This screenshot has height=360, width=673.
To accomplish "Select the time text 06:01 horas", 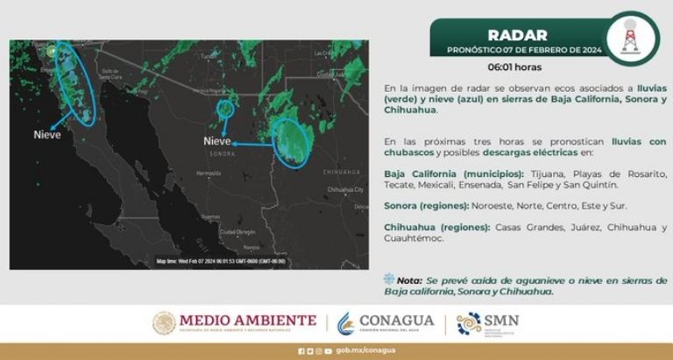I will pyautogui.click(x=514, y=67).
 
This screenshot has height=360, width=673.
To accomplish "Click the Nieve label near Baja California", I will pyautogui.click(x=48, y=135).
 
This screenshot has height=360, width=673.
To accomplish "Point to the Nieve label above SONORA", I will pyautogui.click(x=217, y=141).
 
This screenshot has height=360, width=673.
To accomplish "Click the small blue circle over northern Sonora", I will pyautogui.click(x=227, y=109).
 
